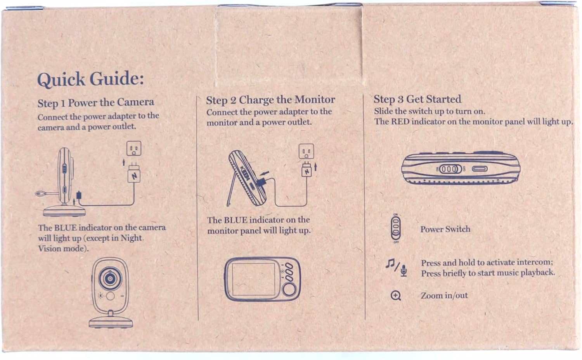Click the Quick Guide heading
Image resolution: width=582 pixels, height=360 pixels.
tap(90, 79)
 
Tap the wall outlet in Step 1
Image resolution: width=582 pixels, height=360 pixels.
tap(134, 148)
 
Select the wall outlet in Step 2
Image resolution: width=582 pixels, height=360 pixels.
tap(307, 151)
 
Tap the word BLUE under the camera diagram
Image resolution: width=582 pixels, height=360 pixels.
tap(65, 228)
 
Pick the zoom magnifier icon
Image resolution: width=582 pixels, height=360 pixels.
tap(396, 296)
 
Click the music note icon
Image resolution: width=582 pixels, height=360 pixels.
tap(390, 263)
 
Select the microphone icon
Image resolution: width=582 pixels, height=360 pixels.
tap(404, 270)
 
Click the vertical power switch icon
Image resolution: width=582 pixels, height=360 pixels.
tap(396, 228)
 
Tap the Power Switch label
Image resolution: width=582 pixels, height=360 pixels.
tap(445, 229)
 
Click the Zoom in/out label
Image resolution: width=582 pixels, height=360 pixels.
tap(444, 296)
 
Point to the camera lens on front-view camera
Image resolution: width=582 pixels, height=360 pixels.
tap(110, 279)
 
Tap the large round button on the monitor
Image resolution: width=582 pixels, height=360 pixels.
tap(289, 290)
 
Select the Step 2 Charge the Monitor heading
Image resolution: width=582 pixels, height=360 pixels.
tap(270, 100)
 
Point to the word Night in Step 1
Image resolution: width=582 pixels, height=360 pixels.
tap(131, 238)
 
